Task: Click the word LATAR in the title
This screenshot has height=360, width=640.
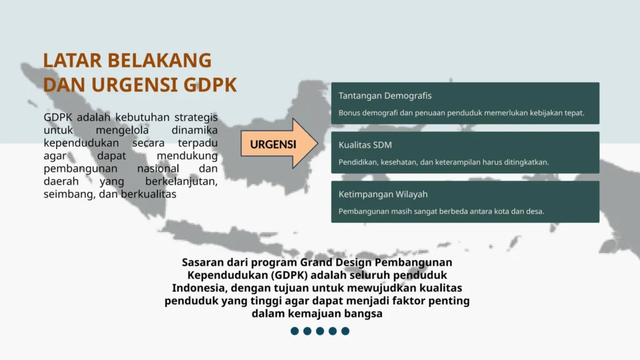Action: [x=72, y=61]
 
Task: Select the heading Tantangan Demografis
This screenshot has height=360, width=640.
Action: [x=385, y=96]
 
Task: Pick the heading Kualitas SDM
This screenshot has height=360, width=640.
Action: [x=365, y=145]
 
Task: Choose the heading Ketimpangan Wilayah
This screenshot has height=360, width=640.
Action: [x=383, y=194]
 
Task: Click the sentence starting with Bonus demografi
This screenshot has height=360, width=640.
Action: [x=461, y=112]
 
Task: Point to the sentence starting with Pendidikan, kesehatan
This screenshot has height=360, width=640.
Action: [x=444, y=162]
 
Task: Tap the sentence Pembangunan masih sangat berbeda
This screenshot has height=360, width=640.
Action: [x=441, y=211]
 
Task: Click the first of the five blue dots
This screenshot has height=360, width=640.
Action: [x=295, y=331]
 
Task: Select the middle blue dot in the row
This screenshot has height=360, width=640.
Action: [x=320, y=331]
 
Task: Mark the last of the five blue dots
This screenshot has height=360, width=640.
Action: [x=345, y=331]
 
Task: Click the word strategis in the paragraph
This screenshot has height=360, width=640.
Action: [x=196, y=117]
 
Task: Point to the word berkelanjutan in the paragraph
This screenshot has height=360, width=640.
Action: [x=181, y=181]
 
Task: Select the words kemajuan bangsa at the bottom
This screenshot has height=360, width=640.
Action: [x=335, y=314]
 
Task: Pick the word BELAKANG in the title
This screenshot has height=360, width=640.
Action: [x=159, y=61]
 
